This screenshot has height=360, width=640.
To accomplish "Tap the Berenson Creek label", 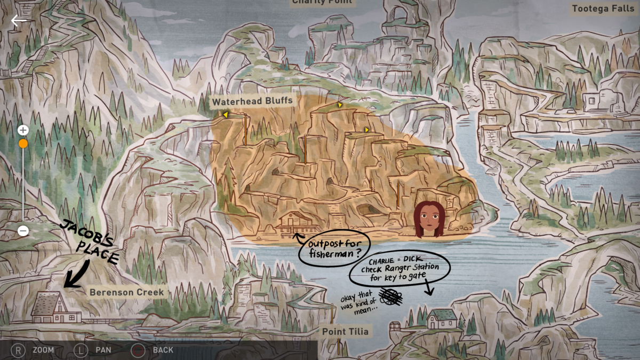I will (126, 292).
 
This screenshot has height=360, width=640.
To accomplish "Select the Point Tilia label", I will (345, 332).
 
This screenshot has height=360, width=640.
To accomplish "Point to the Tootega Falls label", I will (603, 9).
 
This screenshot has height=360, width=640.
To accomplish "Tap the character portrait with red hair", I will (429, 219).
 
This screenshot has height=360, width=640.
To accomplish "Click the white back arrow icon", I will (19, 21).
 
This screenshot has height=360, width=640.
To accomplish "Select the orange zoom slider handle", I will (23, 143).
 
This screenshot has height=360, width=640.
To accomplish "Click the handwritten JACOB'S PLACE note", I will (89, 242).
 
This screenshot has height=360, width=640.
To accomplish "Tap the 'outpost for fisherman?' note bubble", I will (333, 247).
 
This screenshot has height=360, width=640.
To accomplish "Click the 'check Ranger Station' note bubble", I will (399, 268).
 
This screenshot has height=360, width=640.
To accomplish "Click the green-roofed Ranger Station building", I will (442, 318).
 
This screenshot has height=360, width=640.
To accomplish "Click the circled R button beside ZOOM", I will (19, 350).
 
